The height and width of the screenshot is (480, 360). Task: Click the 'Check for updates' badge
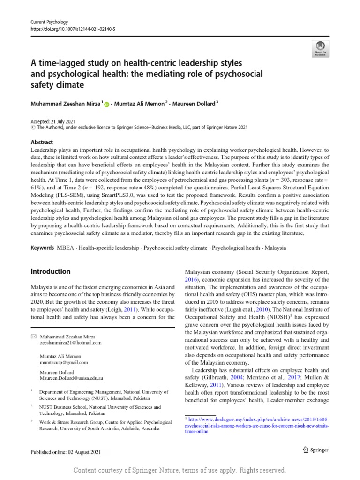coord(320,48)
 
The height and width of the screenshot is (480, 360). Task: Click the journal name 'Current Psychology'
coord(49,22)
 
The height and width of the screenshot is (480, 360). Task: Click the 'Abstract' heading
coord(41,142)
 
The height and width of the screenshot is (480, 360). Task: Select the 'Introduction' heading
coord(50,271)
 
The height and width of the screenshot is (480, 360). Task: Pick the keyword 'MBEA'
coord(66,247)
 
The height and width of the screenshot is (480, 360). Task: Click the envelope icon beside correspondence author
coord(33,336)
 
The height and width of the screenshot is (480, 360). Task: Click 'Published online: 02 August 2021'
coord(65,452)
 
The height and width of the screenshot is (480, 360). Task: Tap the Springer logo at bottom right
coord(313,450)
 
